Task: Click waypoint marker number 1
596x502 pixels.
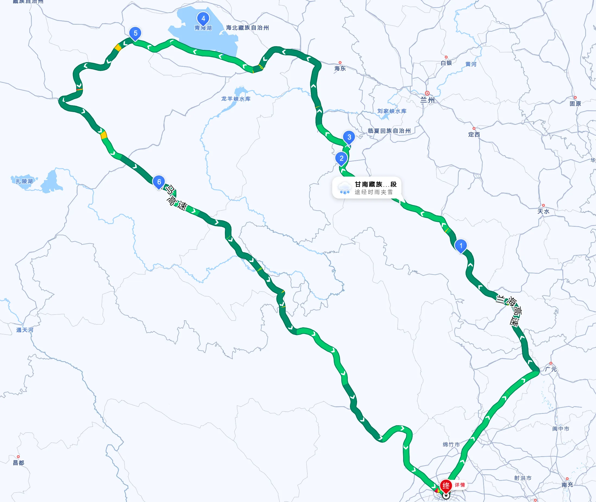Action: click(461, 246)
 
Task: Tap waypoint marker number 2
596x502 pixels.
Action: click(341, 158)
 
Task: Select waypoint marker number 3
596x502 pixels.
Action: click(349, 137)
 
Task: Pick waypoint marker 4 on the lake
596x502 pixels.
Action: click(203, 18)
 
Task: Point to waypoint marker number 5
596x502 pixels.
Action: click(135, 33)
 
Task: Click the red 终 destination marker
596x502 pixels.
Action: click(446, 485)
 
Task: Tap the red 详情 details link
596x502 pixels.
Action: click(460, 485)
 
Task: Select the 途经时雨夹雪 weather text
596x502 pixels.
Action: click(374, 192)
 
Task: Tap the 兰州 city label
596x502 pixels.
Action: click(427, 100)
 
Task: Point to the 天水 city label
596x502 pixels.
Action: click(543, 211)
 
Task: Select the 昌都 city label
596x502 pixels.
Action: click(18, 463)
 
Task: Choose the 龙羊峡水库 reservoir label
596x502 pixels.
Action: click(236, 99)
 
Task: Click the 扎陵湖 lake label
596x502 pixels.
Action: click(24, 181)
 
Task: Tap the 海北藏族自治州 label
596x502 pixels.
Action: click(247, 28)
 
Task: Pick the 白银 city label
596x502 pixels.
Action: click(446, 63)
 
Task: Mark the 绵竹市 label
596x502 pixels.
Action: click(451, 445)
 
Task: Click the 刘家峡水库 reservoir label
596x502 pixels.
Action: click(392, 111)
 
